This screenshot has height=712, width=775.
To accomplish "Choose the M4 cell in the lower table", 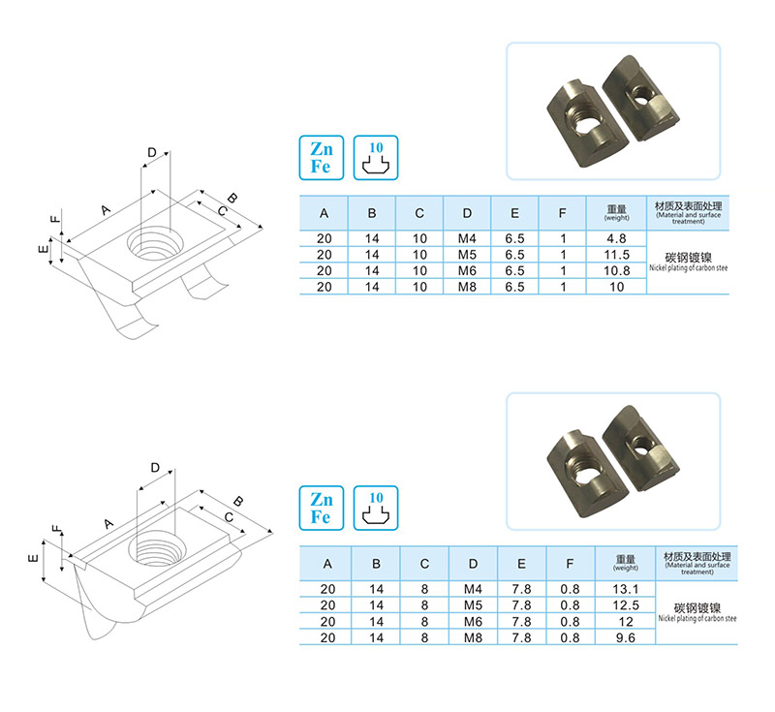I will click(473, 590).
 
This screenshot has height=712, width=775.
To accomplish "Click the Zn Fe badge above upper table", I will click(321, 157).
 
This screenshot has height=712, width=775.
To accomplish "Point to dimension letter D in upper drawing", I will click(151, 152).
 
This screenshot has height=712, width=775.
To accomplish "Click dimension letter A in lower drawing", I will click(108, 524).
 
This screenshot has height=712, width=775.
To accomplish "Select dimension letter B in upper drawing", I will click(233, 194).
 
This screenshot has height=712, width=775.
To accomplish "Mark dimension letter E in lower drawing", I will click(34, 560).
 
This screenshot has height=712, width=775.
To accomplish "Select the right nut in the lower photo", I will click(642, 442).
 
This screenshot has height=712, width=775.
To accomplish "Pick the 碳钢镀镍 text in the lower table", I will click(690, 605).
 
